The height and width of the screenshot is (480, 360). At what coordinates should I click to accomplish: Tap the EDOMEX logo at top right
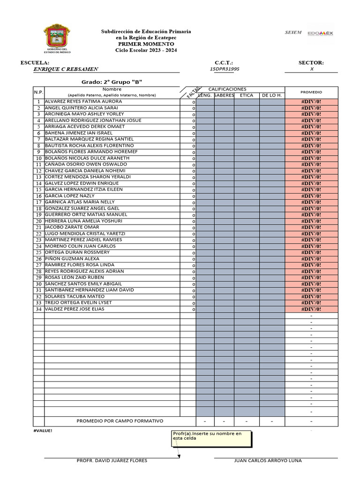320,33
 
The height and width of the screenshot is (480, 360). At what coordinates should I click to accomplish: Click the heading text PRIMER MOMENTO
146,44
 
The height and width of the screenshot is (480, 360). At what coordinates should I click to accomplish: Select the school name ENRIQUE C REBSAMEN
66,69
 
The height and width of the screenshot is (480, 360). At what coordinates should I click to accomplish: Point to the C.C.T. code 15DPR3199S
225,69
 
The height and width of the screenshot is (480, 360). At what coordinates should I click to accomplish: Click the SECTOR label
311,62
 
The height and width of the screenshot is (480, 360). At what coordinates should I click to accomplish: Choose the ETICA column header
247,95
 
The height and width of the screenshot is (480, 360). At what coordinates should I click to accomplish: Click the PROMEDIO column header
311,92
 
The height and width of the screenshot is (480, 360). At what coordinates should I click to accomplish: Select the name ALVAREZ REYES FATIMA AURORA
83,101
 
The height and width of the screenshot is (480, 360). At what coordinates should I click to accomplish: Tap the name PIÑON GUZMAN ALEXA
72,258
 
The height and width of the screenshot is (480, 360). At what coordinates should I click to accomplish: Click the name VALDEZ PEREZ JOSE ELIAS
75,309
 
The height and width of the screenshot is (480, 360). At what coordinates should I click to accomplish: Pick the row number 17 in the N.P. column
39,202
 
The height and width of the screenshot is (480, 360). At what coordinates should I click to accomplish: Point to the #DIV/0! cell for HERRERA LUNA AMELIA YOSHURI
311,221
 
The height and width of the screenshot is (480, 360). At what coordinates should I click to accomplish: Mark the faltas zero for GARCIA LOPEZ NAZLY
194,196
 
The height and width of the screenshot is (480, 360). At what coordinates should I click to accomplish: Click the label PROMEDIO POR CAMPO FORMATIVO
120,420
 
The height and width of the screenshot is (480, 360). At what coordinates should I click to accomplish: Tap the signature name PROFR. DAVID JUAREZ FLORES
112,460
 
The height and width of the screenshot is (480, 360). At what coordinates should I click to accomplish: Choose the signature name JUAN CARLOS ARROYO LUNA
268,460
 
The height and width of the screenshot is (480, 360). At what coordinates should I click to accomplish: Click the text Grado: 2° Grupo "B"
112,82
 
